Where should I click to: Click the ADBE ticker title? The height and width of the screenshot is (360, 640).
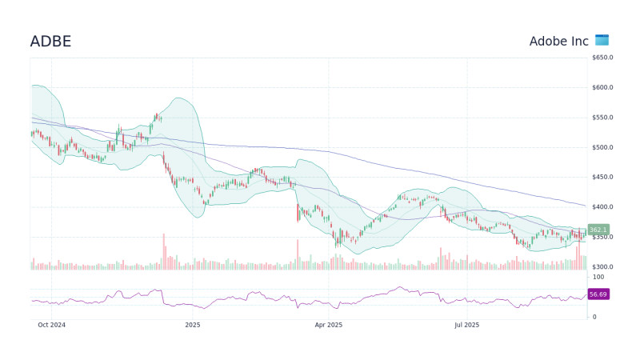50,42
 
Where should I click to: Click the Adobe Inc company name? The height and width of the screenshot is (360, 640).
558,41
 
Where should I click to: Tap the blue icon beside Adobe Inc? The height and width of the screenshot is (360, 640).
602,40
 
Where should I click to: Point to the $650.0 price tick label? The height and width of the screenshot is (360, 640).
602,58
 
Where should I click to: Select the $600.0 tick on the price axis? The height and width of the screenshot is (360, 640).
602,88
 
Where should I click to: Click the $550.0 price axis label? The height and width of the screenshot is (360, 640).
602,118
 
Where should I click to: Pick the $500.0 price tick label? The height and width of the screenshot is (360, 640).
602,148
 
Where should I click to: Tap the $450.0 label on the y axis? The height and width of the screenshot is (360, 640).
602,178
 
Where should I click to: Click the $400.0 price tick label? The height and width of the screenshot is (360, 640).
602,207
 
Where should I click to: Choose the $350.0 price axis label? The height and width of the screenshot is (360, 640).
602,238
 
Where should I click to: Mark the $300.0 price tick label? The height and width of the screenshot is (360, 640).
602,267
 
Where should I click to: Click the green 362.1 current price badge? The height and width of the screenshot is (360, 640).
598,230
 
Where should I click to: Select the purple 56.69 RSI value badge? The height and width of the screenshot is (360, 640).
598,294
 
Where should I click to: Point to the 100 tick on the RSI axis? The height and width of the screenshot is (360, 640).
598,277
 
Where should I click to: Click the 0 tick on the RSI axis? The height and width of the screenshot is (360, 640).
594,317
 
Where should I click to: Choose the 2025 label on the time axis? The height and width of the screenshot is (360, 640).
192,326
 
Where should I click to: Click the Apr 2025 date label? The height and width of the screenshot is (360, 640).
328,326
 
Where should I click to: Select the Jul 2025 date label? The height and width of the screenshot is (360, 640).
466,326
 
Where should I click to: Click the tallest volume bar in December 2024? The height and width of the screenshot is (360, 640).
164,252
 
